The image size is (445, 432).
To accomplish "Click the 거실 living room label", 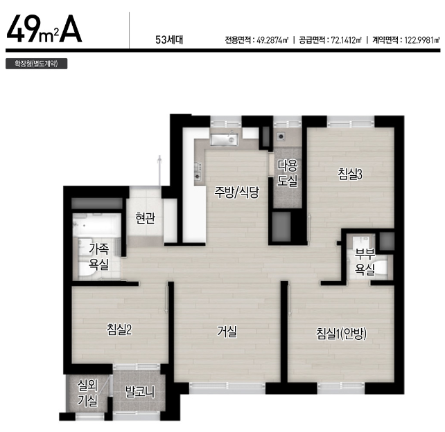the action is (x=227, y=331).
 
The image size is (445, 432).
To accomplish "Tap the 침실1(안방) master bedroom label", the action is (x=341, y=334).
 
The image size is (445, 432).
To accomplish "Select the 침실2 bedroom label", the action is (x=119, y=330).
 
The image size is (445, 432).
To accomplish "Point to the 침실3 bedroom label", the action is (x=350, y=174).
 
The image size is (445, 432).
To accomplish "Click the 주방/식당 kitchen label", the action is (x=236, y=192).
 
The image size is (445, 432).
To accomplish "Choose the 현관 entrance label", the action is (x=145, y=218).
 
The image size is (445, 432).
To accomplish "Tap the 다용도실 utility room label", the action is (x=287, y=173).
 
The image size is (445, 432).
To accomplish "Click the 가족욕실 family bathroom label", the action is (x=98, y=257).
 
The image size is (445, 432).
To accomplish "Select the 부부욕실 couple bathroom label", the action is (x=365, y=262).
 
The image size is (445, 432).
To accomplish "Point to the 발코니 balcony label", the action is (x=140, y=392).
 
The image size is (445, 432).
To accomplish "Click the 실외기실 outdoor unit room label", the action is (x=88, y=393).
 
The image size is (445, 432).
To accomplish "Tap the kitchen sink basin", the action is (x=224, y=140).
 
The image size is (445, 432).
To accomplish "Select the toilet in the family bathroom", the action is (x=86, y=269).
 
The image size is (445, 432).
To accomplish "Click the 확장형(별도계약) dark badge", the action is (x=36, y=64).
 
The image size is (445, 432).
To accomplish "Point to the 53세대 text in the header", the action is (x=169, y=40).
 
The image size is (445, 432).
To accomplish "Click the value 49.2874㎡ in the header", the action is (x=272, y=40).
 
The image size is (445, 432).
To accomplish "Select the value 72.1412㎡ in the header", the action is (x=347, y=40).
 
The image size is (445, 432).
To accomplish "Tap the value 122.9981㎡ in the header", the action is (x=422, y=40).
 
